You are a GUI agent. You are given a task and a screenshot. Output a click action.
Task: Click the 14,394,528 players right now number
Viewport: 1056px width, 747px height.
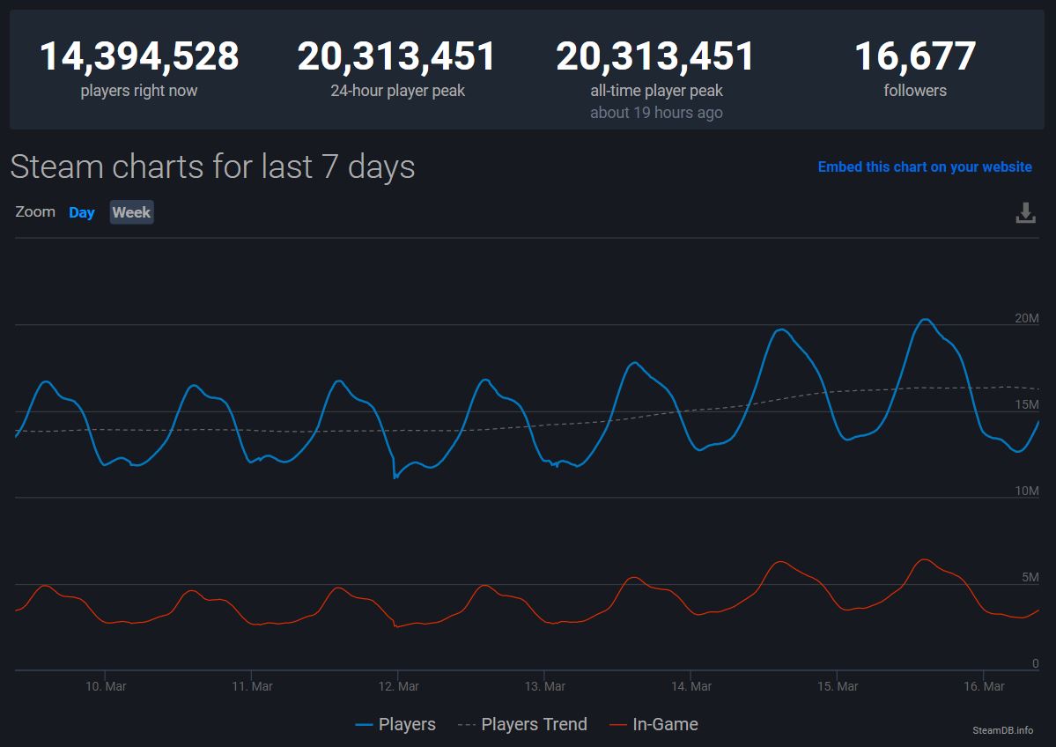pyautogui.click(x=139, y=57)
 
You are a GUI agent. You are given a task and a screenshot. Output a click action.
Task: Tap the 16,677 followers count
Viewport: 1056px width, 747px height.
pyautogui.click(x=915, y=57)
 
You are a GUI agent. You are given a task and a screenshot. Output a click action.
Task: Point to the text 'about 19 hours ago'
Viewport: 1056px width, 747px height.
pyautogui.click(x=656, y=113)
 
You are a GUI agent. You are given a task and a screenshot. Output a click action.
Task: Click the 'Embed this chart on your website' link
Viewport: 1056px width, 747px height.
pyautogui.click(x=925, y=166)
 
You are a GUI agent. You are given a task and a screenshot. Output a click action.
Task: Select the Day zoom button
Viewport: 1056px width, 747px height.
pyautogui.click(x=82, y=212)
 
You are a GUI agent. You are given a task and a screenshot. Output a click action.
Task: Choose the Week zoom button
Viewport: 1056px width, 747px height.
pyautogui.click(x=131, y=212)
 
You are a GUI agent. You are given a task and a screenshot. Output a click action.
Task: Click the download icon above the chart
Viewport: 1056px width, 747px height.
pyautogui.click(x=1026, y=212)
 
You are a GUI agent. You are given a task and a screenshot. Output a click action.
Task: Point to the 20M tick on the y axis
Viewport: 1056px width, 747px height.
pyautogui.click(x=1027, y=318)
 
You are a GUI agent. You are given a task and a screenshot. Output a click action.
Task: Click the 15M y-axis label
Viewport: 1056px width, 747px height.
pyautogui.click(x=1027, y=404)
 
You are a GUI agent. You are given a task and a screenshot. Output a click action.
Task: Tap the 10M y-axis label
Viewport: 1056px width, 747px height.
pyautogui.click(x=1027, y=491)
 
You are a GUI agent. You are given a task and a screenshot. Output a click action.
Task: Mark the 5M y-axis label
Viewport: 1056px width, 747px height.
pyautogui.click(x=1030, y=577)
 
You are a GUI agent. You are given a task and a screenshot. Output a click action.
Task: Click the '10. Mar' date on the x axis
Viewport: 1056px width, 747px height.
pyautogui.click(x=105, y=686)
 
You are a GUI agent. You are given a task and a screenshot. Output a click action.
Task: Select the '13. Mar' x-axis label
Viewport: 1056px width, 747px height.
pyautogui.click(x=544, y=686)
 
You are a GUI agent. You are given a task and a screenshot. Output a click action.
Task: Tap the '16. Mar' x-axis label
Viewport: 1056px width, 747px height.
pyautogui.click(x=984, y=686)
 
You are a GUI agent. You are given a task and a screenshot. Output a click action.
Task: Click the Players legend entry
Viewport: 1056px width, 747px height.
pyautogui.click(x=395, y=724)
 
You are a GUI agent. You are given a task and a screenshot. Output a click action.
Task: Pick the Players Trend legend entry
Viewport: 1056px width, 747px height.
pyautogui.click(x=523, y=724)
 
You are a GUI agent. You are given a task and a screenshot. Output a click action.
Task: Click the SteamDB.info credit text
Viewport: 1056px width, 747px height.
pyautogui.click(x=1003, y=730)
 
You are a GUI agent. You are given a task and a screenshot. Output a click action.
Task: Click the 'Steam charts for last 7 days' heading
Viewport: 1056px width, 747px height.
pyautogui.click(x=212, y=166)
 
